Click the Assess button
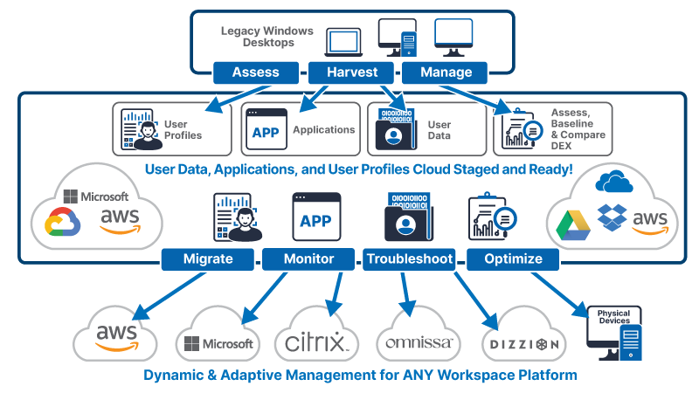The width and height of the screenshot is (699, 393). [257, 72]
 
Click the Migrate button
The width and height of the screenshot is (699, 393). [207, 259]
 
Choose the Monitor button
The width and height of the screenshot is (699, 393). [308, 259]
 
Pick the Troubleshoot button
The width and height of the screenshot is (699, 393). [410, 259]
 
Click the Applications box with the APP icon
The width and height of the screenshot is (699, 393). [301, 129]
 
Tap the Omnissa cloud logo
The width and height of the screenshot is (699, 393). [418, 341]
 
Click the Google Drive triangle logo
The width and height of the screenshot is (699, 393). [573, 224]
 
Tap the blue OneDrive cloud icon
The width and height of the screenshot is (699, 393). [613, 182]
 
